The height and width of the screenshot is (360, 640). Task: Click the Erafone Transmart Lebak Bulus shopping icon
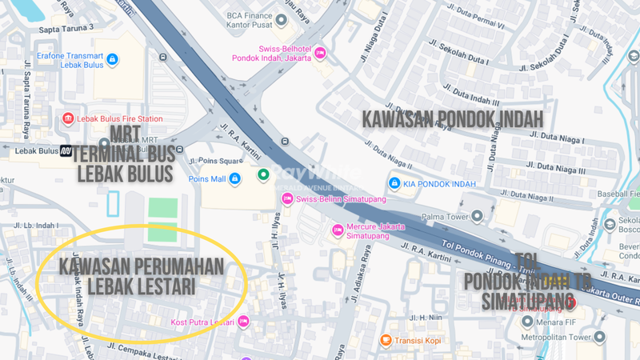click(112, 60)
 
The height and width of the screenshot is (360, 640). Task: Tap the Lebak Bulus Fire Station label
click(118, 119)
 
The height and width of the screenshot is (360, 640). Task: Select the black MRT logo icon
click(67, 150)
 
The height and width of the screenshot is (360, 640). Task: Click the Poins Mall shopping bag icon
click(234, 179)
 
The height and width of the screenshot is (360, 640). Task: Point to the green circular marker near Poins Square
click(262, 174)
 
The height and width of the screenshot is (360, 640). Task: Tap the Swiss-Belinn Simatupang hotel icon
click(287, 198)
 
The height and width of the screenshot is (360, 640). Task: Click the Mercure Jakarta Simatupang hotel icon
click(338, 230)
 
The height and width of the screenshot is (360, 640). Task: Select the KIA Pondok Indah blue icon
click(394, 184)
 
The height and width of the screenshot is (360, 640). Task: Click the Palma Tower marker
click(478, 215)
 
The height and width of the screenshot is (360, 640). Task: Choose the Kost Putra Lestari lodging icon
click(243, 322)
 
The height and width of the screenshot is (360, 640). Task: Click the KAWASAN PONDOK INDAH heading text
click(453, 118)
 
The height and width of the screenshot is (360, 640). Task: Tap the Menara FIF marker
click(527, 322)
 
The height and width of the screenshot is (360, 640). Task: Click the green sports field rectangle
click(162, 219)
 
